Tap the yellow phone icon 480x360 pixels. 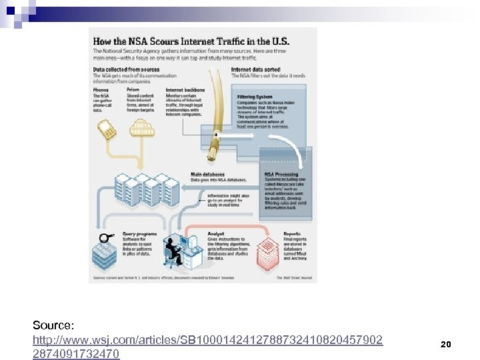109,131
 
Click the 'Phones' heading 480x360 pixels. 101,89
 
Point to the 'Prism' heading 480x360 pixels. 133,89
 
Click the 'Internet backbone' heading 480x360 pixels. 185,89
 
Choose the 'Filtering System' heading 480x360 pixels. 255,97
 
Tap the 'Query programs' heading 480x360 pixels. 140,234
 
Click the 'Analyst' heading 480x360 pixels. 216,234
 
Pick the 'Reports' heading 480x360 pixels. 292,234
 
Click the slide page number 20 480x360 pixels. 446,345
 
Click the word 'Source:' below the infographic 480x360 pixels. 53,325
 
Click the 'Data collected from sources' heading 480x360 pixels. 126,69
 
